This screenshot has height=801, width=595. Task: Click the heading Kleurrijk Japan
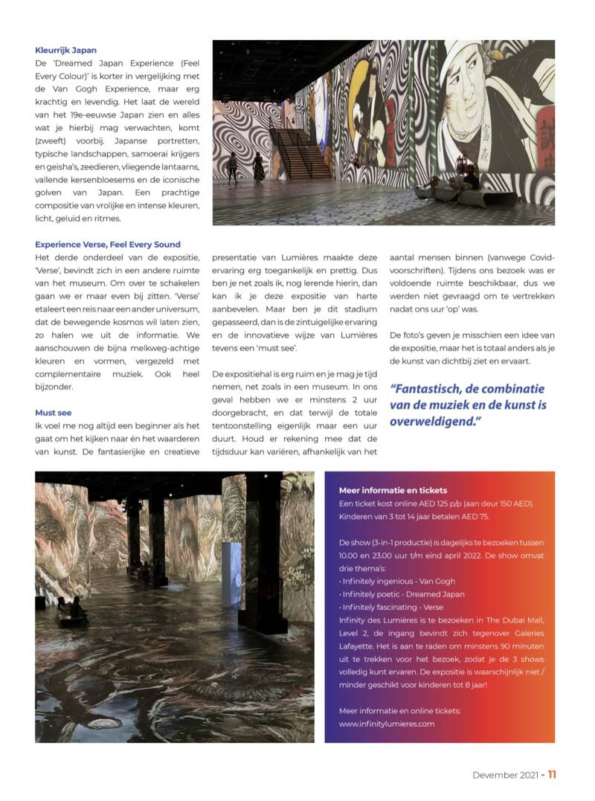(x=65, y=51)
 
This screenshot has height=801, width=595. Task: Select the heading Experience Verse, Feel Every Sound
(x=107, y=244)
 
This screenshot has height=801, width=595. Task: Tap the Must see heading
(x=53, y=412)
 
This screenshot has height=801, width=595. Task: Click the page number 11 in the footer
(x=552, y=774)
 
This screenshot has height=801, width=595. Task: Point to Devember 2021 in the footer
(x=504, y=774)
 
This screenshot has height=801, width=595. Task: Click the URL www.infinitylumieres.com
(x=386, y=723)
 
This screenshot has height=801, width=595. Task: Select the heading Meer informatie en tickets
(x=393, y=490)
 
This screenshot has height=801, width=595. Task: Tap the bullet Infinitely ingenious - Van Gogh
(x=396, y=581)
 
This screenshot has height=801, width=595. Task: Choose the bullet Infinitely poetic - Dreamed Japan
(x=402, y=594)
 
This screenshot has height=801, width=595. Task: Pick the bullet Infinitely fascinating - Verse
(x=390, y=608)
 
